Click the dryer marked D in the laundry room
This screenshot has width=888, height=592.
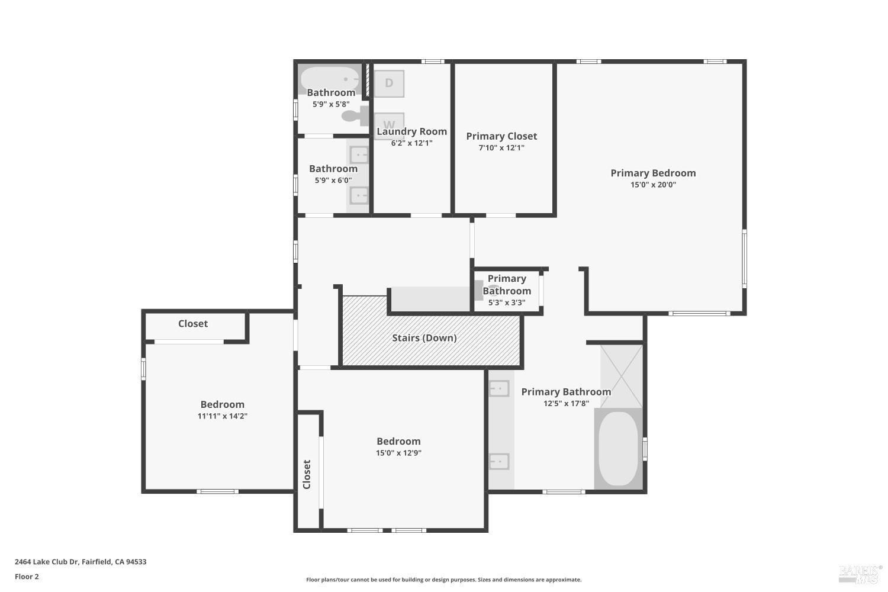click(389, 83)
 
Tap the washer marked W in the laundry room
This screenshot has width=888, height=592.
click(389, 123)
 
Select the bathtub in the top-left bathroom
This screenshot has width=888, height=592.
click(329, 78)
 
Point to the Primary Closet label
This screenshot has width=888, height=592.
click(501, 136)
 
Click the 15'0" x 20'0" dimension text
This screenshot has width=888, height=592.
click(653, 185)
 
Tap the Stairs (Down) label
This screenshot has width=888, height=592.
click(424, 338)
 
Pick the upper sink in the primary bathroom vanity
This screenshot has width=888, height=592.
click(499, 388)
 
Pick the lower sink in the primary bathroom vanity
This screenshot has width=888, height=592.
click(499, 461)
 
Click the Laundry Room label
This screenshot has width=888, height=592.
click(411, 131)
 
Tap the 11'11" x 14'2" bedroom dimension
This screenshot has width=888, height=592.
click(222, 416)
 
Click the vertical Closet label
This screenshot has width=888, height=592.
click(307, 474)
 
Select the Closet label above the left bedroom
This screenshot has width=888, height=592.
click(193, 324)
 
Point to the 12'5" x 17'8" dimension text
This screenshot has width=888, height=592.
click(566, 404)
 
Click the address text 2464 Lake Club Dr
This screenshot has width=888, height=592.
click(81, 562)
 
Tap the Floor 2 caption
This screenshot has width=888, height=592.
click(27, 577)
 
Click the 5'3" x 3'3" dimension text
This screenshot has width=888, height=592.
click(506, 303)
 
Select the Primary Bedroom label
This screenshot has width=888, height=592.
click(653, 173)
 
